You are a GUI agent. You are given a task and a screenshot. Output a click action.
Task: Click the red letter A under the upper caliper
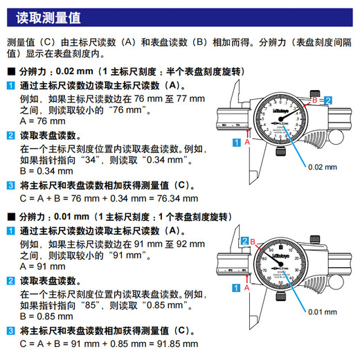(247, 141)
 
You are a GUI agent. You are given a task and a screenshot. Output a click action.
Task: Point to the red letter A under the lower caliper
(247, 286)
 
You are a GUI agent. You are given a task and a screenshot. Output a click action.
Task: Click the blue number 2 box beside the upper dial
(328, 100)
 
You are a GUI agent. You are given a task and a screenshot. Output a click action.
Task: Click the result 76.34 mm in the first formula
(174, 198)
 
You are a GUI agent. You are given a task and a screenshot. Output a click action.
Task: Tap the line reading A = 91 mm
(39, 265)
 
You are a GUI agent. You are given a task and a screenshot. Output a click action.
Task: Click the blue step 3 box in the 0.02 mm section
(10, 185)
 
